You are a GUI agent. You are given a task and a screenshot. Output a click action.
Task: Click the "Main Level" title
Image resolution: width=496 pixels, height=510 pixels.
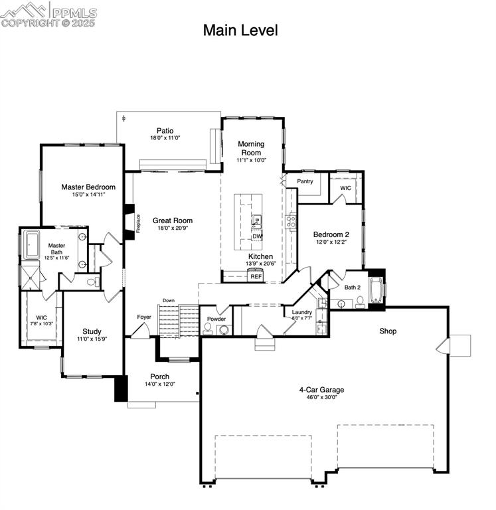[240, 31]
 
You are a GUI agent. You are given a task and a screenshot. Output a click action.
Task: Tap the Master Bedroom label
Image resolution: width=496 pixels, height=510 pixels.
[88, 187]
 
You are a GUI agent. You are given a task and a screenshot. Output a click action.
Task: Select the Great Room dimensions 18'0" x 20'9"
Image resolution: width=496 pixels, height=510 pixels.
[173, 228]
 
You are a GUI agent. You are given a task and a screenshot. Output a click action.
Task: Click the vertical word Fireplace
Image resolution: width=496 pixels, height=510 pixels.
[138, 223]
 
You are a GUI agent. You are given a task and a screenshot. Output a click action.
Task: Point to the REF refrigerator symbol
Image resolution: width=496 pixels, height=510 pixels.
[256, 275]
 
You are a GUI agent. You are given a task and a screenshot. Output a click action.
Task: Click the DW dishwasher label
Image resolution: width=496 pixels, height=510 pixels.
[257, 236]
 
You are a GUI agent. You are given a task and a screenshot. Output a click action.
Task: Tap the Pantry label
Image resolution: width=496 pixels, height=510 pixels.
[305, 181]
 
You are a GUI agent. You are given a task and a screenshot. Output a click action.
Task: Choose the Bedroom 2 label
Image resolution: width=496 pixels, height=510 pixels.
[331, 234]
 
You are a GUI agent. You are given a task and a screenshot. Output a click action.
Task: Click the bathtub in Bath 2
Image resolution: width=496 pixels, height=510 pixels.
[376, 290]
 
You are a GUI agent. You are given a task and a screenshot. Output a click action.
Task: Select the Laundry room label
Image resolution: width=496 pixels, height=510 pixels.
[302, 312]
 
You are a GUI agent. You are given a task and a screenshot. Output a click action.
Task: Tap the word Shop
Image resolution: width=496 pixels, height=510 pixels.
[388, 331]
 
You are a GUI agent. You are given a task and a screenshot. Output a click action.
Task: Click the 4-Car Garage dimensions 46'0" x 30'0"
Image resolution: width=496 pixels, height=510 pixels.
[321, 397]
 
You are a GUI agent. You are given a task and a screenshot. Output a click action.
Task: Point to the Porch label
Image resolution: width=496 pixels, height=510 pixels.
[160, 377]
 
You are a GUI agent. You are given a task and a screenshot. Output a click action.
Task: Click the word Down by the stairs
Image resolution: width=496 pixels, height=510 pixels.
[169, 301]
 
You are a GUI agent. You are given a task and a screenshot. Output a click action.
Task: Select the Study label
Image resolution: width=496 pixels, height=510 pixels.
[92, 331]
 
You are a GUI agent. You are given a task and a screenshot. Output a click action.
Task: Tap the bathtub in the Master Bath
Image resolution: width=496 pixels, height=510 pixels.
[32, 244]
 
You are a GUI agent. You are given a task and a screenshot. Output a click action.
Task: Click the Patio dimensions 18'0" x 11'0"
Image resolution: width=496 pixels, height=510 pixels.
[165, 138]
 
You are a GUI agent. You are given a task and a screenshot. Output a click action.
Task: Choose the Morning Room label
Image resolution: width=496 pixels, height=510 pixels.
[251, 148]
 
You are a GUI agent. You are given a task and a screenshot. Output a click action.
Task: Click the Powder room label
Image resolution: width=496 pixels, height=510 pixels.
[216, 319]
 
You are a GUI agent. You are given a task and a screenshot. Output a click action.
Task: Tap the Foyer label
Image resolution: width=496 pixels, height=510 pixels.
[144, 317]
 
